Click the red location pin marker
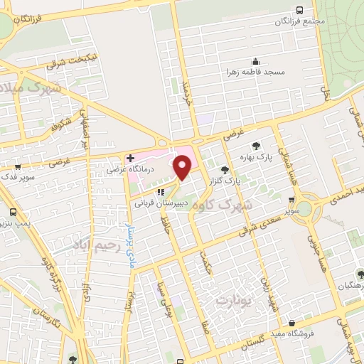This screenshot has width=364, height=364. pyautogui.click(x=183, y=167)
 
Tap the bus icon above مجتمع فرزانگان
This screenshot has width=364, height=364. pyautogui.click(x=300, y=9)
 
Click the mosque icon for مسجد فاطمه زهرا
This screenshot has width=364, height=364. pyautogui.click(x=256, y=61)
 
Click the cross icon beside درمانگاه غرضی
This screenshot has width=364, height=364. pyautogui.click(x=130, y=158)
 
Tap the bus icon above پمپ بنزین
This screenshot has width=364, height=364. pyautogui.click(x=13, y=212)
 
